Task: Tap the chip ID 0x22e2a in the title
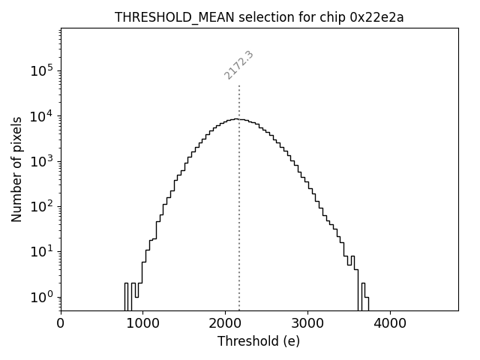(x=376, y=18)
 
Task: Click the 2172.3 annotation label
(x=238, y=65)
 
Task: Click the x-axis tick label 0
(x=61, y=325)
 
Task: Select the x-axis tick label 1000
(x=142, y=325)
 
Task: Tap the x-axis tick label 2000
(x=225, y=325)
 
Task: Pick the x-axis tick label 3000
(x=307, y=325)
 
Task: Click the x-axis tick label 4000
(x=390, y=325)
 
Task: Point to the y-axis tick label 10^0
(x=42, y=297)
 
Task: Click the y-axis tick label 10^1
(x=42, y=251)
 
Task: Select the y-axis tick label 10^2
(x=42, y=206)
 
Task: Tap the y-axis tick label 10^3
(x=42, y=161)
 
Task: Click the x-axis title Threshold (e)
(x=259, y=341)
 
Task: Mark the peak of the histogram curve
(x=237, y=118)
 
